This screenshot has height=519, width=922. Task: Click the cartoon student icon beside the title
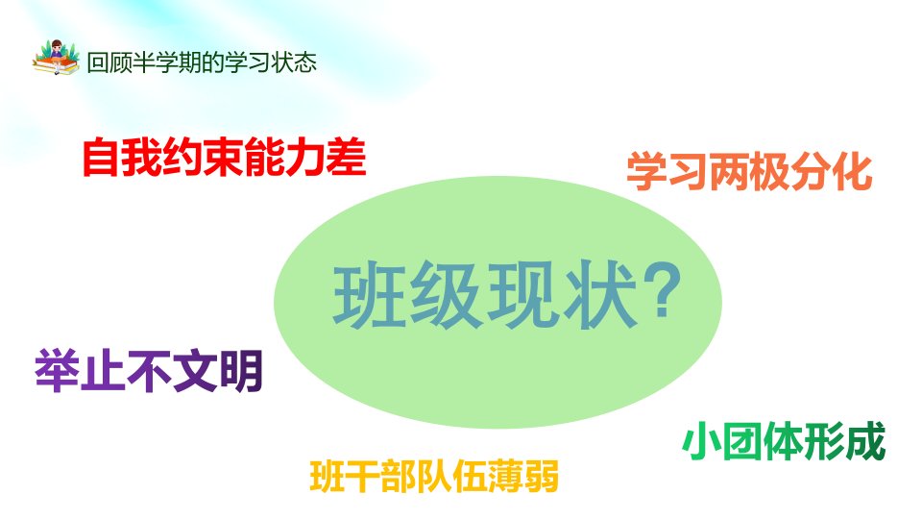pyautogui.click(x=56, y=58)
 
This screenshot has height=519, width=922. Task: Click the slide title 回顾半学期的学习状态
pyautogui.click(x=202, y=62)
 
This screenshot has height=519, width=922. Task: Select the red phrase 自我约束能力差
pyautogui.click(x=224, y=157)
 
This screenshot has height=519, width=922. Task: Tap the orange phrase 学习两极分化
pyautogui.click(x=749, y=172)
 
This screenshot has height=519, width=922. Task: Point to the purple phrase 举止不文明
pyautogui.click(x=149, y=371)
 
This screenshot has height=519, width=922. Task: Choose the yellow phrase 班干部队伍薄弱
pyautogui.click(x=434, y=476)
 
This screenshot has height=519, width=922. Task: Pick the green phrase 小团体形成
pyautogui.click(x=784, y=441)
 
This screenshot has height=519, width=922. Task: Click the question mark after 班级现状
pyautogui.click(x=662, y=290)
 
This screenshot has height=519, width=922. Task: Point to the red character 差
pyautogui.click(x=347, y=157)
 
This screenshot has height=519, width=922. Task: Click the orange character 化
pyautogui.click(x=853, y=172)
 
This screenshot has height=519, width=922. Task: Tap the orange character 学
pyautogui.click(x=646, y=172)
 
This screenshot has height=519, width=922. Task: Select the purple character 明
pyautogui.click(x=241, y=371)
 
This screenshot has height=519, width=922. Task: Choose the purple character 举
pyautogui.click(x=57, y=371)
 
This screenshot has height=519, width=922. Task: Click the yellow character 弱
pyautogui.click(x=541, y=477)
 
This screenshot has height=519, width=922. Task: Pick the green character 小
pyautogui.click(x=701, y=441)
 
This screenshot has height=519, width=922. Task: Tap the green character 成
pyautogui.click(x=866, y=441)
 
